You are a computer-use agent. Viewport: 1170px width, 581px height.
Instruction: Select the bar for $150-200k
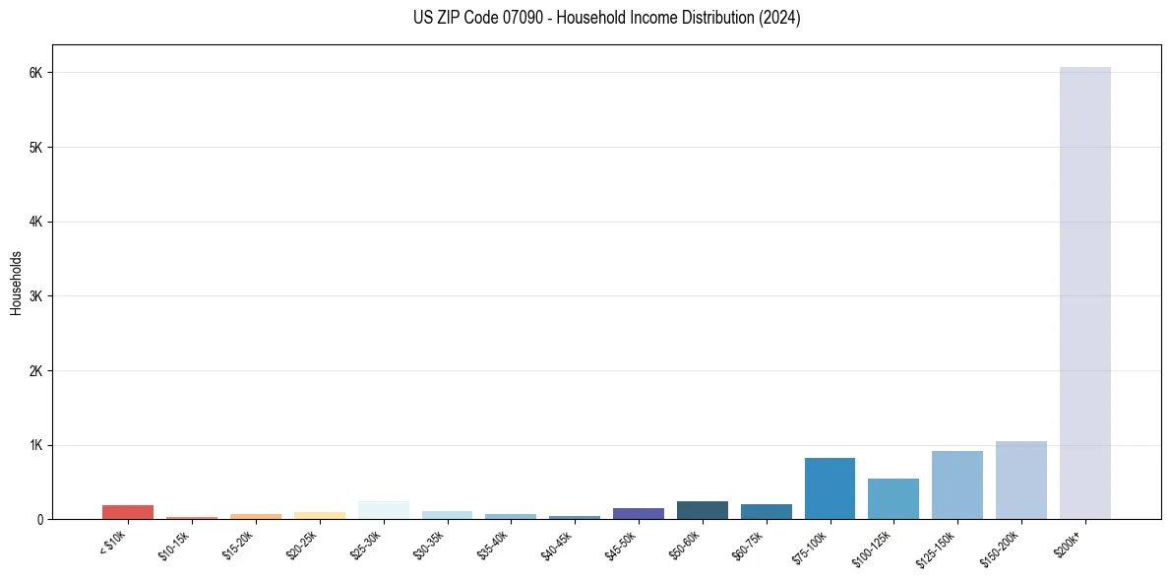pos(1020,480)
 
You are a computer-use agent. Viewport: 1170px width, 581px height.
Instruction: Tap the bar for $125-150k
pos(956,484)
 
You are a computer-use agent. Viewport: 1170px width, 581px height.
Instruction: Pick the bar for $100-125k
pos(893,498)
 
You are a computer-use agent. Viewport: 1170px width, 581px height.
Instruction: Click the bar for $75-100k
pos(830,488)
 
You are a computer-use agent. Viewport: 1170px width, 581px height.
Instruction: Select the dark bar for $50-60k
pos(702,510)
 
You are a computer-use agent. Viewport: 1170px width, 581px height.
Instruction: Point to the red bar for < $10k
pos(127,512)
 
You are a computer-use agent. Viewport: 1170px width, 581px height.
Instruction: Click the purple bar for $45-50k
pos(638,513)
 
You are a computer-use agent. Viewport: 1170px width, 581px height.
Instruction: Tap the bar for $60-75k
pos(766,511)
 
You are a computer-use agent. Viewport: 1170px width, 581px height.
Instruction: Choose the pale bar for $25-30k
pos(383,510)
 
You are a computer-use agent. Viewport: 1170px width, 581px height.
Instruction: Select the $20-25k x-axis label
pos(306,545)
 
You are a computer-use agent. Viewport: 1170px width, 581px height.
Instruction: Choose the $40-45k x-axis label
pos(561,545)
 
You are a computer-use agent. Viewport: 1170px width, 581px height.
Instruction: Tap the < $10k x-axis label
pos(114,544)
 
